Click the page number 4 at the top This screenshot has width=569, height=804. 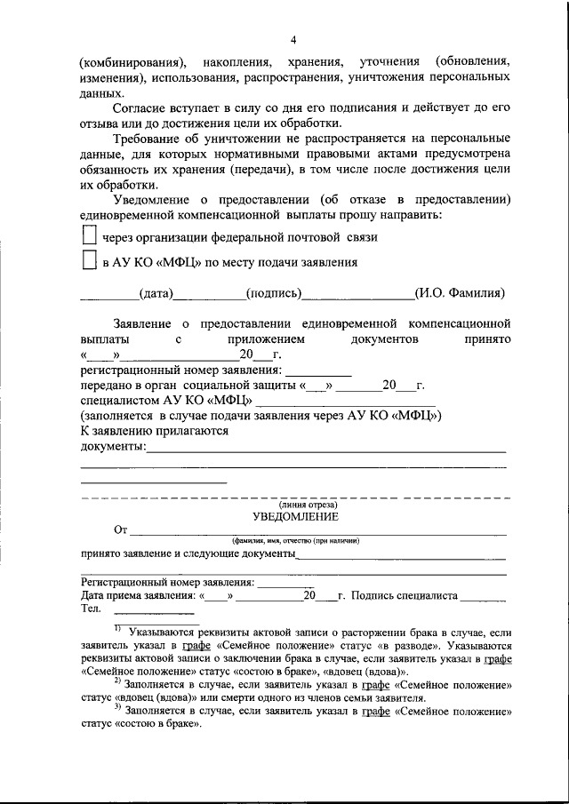point(293,40)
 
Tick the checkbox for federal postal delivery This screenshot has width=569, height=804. point(88,235)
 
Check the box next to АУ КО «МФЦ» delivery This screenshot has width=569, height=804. point(88,261)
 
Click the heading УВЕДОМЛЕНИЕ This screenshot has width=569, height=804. point(294,517)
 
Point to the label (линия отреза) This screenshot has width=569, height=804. point(294,505)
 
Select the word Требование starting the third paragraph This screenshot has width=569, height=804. point(149,139)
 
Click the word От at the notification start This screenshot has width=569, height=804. point(121,530)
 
